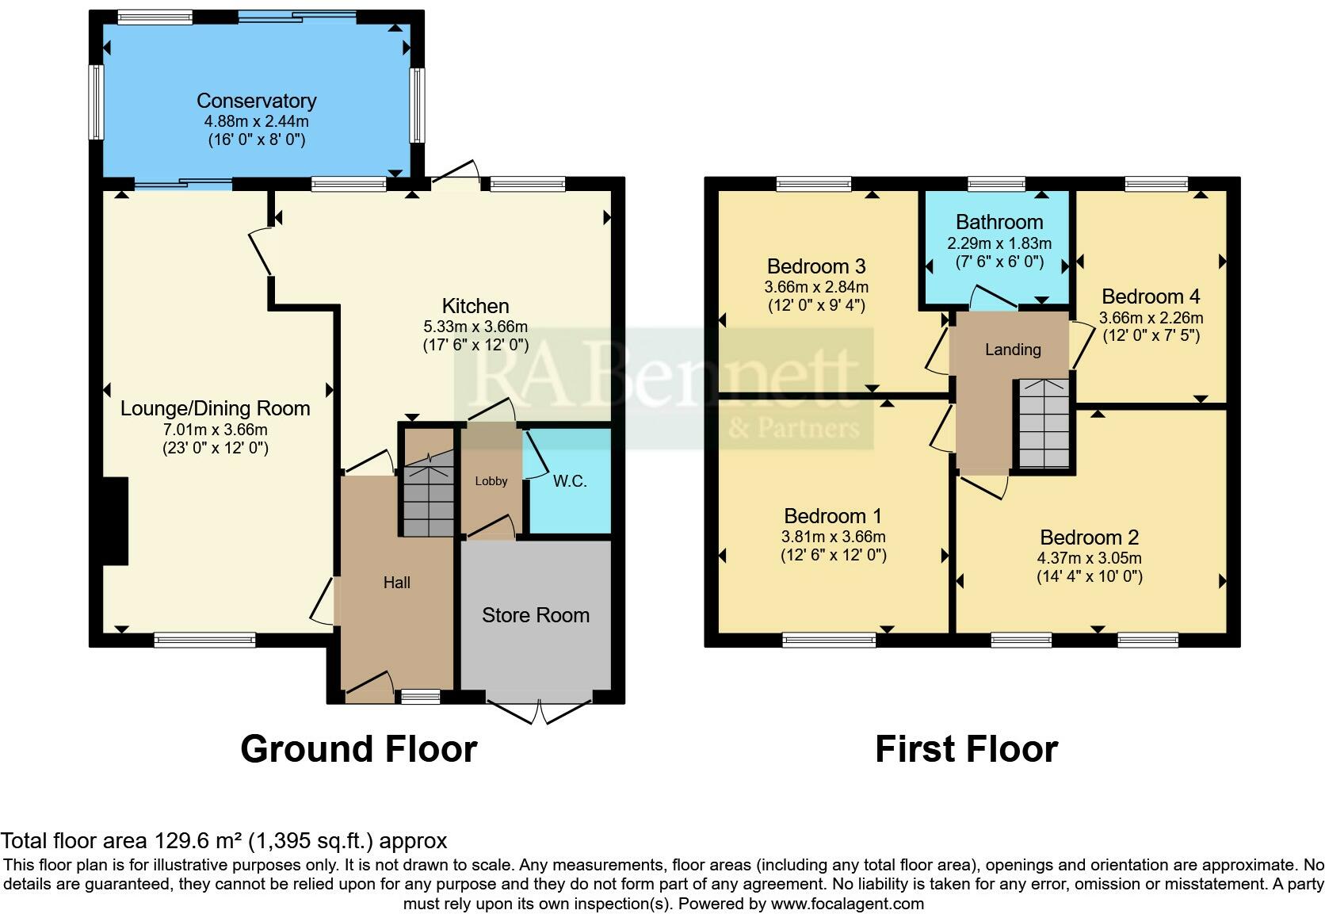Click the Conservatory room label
point(256,101)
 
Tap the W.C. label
point(569,481)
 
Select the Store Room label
point(536,615)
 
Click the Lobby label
point(491,481)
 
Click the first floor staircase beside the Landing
point(1044,424)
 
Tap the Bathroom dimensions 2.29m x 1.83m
point(999,243)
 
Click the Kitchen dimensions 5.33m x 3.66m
point(475,326)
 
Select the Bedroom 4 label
point(1151,296)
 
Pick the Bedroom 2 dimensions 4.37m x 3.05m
point(1089,558)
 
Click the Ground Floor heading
point(358,749)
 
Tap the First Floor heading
point(966,749)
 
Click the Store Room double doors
point(539,712)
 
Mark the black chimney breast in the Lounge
point(116,521)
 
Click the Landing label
point(1013,350)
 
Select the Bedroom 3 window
point(814,184)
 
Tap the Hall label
point(396,583)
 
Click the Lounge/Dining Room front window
point(204,640)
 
